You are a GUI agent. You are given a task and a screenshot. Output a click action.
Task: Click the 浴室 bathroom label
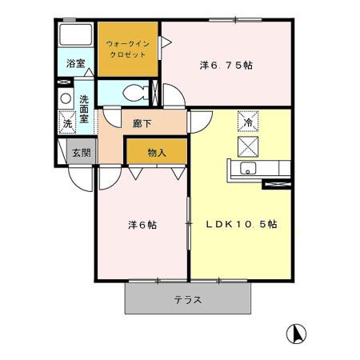click(x=76, y=62)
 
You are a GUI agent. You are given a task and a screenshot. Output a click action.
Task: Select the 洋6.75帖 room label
click(x=226, y=65)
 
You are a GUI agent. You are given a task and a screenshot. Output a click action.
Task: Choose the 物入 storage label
click(x=157, y=152)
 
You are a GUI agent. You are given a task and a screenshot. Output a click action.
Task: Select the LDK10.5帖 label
click(x=242, y=225)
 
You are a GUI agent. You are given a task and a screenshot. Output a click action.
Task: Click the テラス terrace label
click(x=187, y=301)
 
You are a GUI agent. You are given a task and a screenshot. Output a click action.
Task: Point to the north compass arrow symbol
click(x=296, y=332)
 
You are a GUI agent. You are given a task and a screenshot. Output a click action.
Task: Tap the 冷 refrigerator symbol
click(x=248, y=123)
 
